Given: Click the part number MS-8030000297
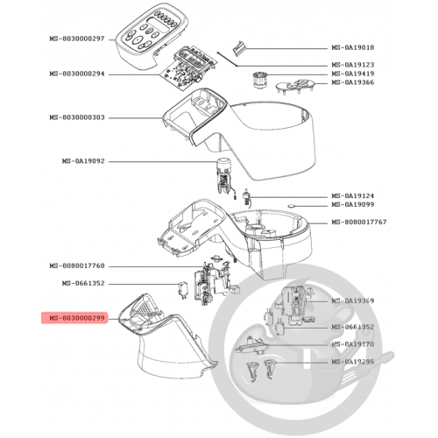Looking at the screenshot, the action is tap(77, 39).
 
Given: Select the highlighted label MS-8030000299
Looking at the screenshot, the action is tap(77, 318).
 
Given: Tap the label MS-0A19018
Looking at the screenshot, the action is tap(353, 47).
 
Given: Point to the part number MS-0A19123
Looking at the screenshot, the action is tap(353, 65).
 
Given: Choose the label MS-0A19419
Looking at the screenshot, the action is tap(353, 74).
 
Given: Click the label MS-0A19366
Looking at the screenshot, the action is tap(353, 82).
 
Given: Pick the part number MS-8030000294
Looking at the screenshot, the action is tap(77, 74).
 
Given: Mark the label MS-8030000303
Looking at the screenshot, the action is tap(77, 117).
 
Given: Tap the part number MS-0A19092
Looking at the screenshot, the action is tap(83, 161).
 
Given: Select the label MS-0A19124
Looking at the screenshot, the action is tap(353, 195).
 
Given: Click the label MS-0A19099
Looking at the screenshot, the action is tap(353, 204).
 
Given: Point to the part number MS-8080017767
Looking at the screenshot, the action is tap(359, 222).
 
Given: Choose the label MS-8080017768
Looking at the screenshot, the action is tap(77, 265).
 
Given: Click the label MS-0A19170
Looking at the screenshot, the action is tap(353, 344).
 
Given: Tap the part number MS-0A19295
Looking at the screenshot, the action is tap(353, 362).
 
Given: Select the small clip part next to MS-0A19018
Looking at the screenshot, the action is tap(239, 47).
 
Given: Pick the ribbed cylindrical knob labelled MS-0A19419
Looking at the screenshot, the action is tap(258, 79).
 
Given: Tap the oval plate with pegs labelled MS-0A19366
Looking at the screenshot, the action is tap(295, 85).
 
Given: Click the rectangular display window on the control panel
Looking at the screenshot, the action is tap(158, 25).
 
